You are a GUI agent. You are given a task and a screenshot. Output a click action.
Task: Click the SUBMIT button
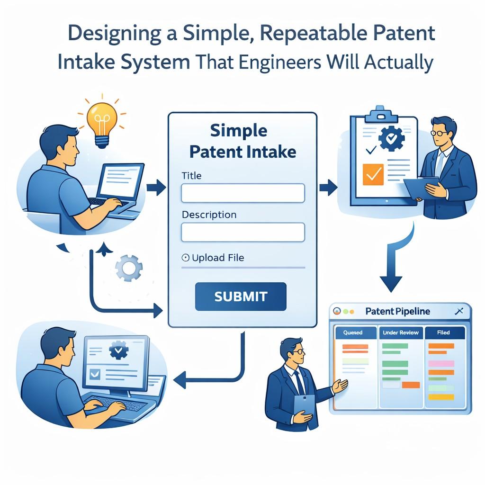point(241,296)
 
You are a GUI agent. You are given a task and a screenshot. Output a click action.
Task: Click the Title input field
point(243,193)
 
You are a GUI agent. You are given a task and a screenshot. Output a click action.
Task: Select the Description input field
point(243,232)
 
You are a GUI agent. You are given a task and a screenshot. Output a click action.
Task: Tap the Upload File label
point(218,258)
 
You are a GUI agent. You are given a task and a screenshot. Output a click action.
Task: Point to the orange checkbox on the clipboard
point(373,174)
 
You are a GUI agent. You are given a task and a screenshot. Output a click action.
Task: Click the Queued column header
point(352,332)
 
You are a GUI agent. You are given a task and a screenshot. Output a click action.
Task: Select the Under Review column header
point(401,332)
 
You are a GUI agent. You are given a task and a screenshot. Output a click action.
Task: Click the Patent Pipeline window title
point(397,311)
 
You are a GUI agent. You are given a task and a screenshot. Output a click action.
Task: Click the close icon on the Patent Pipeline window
point(459,311)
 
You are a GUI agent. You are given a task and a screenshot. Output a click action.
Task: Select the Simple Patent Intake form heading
point(242,141)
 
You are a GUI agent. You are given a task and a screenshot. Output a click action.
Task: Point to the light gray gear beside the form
point(129,268)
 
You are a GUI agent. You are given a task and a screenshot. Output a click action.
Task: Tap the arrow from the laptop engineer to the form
point(156,188)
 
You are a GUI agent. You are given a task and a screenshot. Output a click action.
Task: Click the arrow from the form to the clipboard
point(328,188)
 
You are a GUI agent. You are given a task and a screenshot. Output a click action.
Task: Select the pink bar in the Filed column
point(441,363)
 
